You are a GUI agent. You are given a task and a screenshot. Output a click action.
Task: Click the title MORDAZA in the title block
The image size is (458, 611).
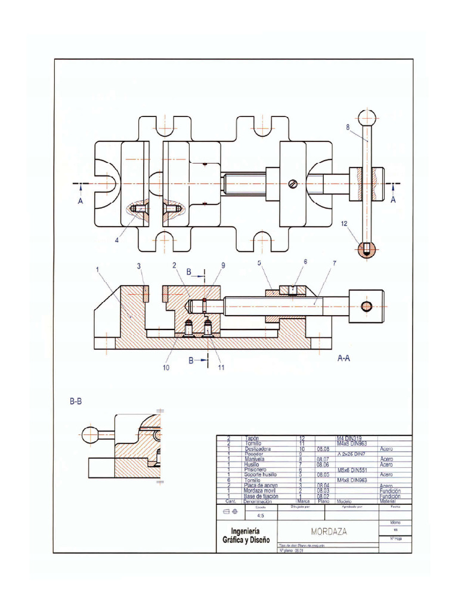tap(329, 531)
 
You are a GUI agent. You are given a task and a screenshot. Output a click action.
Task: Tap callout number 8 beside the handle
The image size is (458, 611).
tap(347, 127)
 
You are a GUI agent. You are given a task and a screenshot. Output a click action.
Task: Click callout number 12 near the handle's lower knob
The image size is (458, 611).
tap(344, 224)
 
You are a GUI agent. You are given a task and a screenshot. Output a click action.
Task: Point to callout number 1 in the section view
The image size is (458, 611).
tap(97, 269)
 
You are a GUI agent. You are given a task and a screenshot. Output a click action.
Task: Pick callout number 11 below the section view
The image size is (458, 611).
tap(221, 368)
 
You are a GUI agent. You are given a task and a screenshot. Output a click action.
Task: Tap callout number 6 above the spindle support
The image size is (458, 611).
tap(305, 261)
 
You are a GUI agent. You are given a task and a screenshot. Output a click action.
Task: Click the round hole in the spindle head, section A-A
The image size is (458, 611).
tap(367, 306)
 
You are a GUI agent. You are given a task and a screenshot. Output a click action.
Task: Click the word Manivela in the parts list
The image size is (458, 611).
tap(255, 459)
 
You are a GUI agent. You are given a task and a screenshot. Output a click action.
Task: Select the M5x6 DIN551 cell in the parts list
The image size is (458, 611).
tap(351, 470)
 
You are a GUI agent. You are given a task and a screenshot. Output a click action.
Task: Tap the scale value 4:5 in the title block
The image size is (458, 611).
tap(261, 516)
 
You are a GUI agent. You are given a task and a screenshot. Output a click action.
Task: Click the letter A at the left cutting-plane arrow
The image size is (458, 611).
tap(80, 202)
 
